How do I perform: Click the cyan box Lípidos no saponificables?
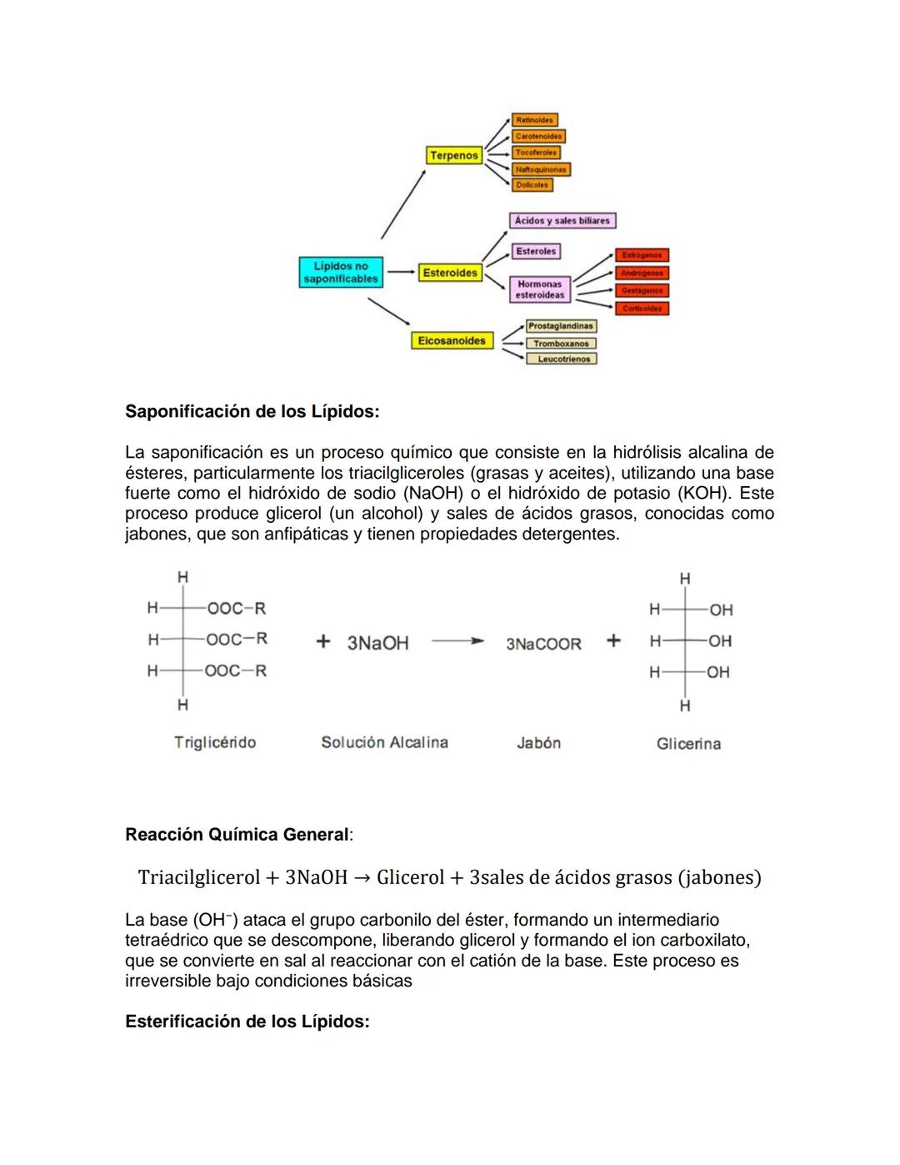pos(341,273)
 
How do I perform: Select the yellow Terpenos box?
pos(454,155)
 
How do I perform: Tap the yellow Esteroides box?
pos(450,273)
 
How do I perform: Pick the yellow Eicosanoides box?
pos(452,340)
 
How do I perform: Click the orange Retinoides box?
pos(534,120)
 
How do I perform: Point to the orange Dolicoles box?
pos(532,185)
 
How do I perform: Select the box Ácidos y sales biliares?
pos(562,221)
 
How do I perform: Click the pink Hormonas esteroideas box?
pos(539,289)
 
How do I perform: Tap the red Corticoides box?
pos(642,309)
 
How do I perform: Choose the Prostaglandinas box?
pos(561,326)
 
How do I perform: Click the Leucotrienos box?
pos(562,359)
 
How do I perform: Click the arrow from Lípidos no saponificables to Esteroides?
pos(401,272)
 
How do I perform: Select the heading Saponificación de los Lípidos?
pos(252,411)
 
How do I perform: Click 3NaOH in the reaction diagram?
pos(377,643)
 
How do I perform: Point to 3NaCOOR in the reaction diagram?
pos(543,644)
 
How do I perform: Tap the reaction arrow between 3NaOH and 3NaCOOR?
pos(457,642)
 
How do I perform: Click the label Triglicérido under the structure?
pos(215,742)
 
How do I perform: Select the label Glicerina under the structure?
pos(688,744)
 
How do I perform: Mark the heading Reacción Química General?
pos(237,835)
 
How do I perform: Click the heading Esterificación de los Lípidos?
pos(247,1022)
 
